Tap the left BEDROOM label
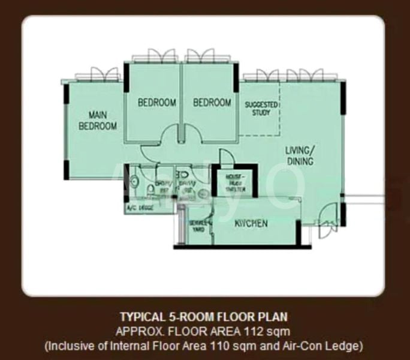click(x=157, y=103)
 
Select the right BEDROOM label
click(x=212, y=103)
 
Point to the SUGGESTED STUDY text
click(x=261, y=108)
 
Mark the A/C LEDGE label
click(x=139, y=208)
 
